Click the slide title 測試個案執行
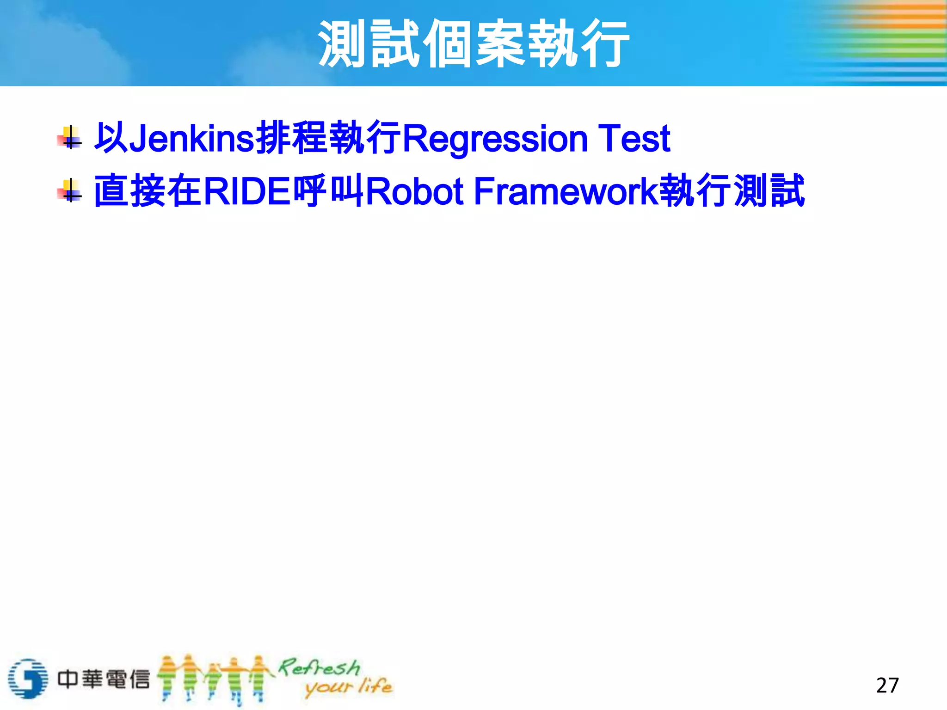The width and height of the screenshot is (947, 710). [x=473, y=44]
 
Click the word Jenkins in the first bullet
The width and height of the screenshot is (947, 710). [x=192, y=138]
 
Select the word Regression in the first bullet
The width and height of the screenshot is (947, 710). [x=495, y=138]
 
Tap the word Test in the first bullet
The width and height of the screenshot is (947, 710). [x=634, y=138]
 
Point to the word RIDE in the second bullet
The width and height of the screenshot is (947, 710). [x=246, y=191]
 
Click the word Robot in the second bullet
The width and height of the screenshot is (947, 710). [x=415, y=191]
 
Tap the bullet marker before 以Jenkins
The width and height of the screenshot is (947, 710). [x=70, y=138]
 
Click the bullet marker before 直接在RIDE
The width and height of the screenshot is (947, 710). [x=70, y=191]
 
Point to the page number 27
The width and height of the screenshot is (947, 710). [x=887, y=685]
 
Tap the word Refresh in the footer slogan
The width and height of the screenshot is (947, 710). [x=319, y=667]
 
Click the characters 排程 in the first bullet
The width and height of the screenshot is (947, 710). [x=291, y=138]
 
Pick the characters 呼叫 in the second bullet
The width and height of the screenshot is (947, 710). [x=328, y=191]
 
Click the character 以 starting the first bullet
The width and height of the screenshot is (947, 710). [x=111, y=138]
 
